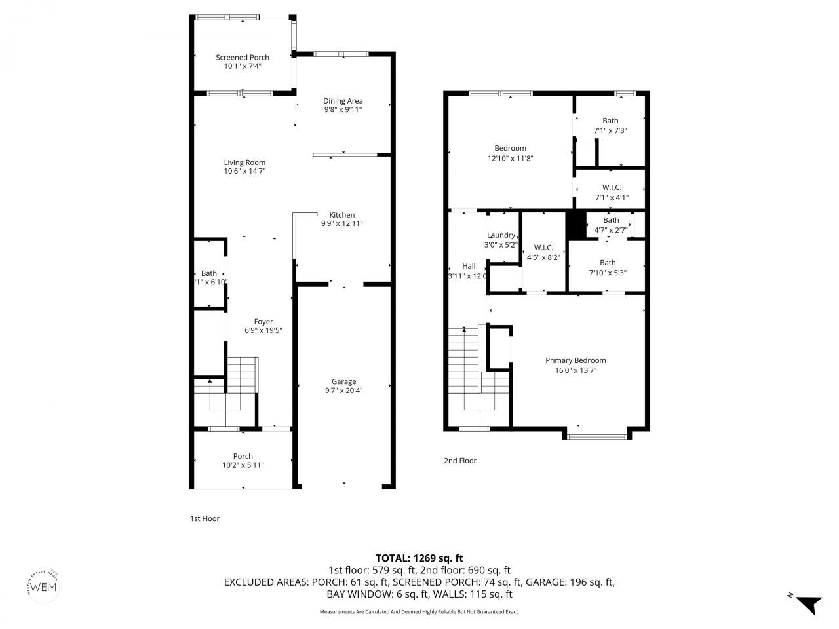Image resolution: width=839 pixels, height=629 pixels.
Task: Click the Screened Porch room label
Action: (243, 58)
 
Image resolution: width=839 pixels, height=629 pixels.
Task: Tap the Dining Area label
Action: (343, 101)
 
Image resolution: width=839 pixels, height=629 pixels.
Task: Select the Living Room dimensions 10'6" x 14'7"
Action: (244, 171)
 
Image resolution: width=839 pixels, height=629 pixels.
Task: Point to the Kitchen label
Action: (341, 215)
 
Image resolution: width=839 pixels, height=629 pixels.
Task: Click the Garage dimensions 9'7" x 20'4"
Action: (343, 391)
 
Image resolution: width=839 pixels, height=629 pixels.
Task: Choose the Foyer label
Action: (263, 322)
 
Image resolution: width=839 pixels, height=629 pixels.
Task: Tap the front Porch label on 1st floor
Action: (243, 456)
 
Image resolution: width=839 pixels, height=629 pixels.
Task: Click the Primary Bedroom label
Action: (576, 360)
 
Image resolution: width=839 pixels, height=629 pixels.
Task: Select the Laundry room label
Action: (501, 235)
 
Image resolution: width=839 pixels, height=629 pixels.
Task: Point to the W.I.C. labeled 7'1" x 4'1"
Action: (611, 187)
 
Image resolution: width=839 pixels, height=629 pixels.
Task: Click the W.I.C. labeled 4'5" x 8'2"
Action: (543, 248)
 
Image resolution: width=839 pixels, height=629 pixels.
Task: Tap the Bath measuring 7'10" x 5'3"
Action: (607, 263)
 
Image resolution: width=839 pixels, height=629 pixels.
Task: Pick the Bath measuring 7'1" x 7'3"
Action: (610, 121)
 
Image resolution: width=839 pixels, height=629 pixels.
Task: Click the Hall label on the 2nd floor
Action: (469, 266)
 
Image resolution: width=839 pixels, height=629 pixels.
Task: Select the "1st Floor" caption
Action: (205, 518)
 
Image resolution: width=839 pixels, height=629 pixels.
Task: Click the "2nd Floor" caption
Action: (459, 461)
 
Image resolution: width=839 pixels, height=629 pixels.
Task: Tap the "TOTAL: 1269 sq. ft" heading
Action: (419, 558)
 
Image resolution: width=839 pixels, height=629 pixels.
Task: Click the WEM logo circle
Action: (45, 585)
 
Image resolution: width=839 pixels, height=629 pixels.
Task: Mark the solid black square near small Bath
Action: (576, 225)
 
